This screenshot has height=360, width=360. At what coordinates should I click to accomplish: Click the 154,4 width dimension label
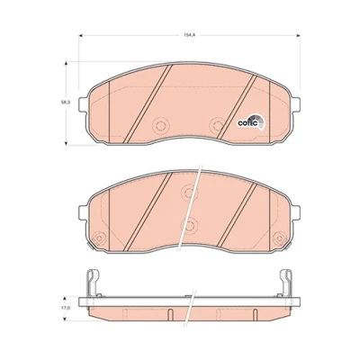(x=189, y=35)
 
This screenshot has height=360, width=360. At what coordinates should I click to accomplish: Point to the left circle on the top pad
(x=160, y=125)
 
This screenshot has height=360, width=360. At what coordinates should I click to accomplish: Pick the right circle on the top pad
(x=218, y=125)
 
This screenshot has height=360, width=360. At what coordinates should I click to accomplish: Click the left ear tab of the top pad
(x=83, y=104)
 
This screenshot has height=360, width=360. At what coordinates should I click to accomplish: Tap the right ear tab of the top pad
(x=295, y=104)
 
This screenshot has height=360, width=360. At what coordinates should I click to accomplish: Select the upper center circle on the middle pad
(x=189, y=192)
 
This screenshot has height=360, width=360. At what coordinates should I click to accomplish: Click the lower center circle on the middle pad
(x=189, y=224)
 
